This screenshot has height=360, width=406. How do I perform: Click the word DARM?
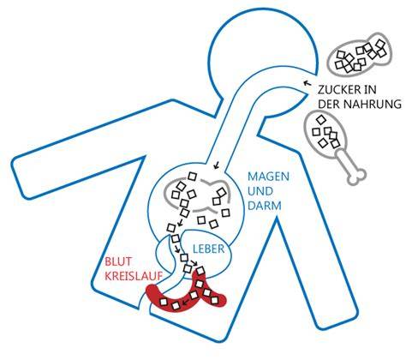(265, 206)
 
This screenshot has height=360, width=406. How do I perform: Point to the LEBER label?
(209, 249)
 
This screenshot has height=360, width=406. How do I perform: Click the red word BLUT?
(118, 261)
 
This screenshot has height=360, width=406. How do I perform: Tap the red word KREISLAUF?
(134, 276)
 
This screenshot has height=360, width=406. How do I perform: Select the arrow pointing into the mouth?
(307, 83)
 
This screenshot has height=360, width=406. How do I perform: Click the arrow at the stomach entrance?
(217, 165)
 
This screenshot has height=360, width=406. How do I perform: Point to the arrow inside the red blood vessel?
(186, 302)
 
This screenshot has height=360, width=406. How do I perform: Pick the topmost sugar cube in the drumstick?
(321, 119)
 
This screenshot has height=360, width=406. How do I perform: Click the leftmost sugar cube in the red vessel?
(164, 302)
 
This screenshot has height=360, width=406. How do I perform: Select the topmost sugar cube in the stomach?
(193, 177)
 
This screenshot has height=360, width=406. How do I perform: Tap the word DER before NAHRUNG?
(329, 104)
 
